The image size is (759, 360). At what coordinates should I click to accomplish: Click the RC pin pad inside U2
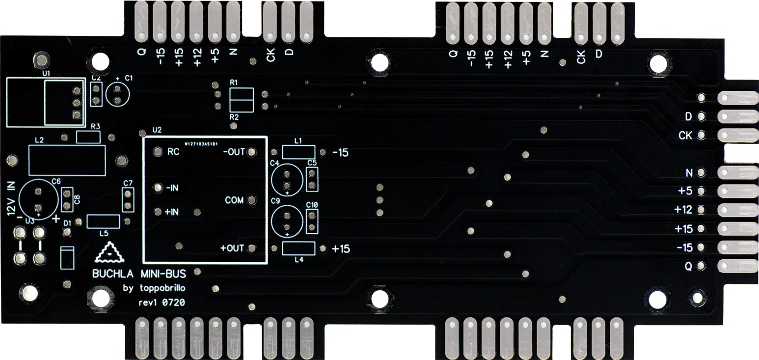[x=158, y=152]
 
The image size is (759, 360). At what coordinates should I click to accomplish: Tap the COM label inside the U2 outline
[x=234, y=200]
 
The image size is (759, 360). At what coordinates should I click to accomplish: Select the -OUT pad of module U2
[x=252, y=152]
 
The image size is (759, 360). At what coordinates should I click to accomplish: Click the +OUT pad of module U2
[x=252, y=249]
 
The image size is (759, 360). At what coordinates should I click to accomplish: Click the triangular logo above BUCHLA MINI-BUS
[x=110, y=254]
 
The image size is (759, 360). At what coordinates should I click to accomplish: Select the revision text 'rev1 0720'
[x=162, y=303]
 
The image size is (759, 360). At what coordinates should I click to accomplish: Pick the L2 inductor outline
[x=67, y=160]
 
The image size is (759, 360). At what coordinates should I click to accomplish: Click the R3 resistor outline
[x=88, y=137]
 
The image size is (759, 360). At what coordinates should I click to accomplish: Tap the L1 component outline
[x=298, y=152]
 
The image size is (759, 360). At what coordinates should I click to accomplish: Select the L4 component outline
[x=298, y=249]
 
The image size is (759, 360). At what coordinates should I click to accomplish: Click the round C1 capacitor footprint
[x=117, y=94]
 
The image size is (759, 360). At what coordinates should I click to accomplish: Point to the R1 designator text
[x=233, y=82]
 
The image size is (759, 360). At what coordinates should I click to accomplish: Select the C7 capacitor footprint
[x=128, y=200]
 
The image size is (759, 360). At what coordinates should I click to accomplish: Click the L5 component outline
[x=103, y=222]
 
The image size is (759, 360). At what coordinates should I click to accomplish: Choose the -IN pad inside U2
[x=158, y=188]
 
